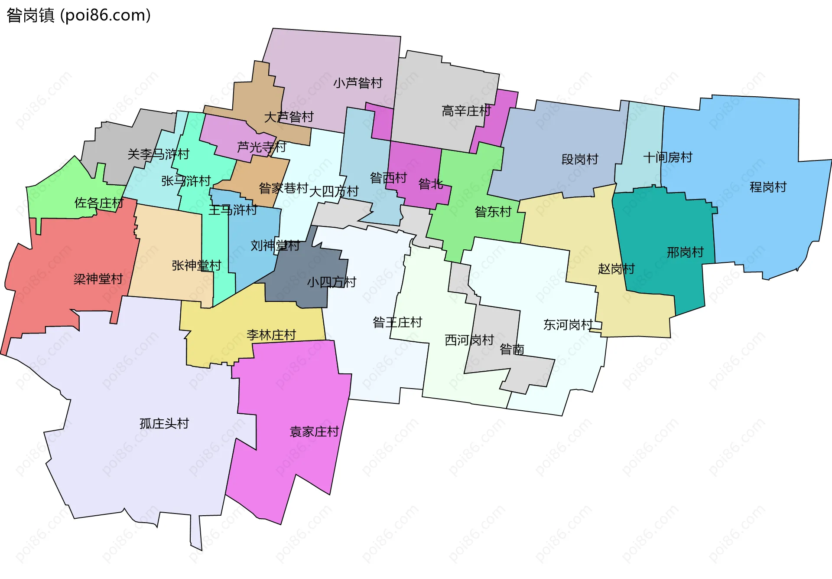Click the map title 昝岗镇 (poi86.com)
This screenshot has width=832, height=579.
click(x=78, y=15)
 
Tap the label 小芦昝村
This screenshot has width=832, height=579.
click(x=357, y=83)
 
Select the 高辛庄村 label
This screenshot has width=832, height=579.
click(x=466, y=111)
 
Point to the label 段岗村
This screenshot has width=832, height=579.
click(x=579, y=159)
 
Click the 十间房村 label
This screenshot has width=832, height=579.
click(x=667, y=157)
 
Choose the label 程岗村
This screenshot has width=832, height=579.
click(x=768, y=187)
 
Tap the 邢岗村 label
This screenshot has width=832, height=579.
click(x=685, y=252)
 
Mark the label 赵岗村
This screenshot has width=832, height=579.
click(x=616, y=269)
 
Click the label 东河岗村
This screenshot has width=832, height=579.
click(x=568, y=324)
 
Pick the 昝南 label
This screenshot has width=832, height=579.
click(x=512, y=349)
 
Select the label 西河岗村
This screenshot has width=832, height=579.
click(x=469, y=340)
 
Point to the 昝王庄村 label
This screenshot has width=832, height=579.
click(x=397, y=322)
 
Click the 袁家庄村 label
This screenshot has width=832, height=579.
click(x=314, y=432)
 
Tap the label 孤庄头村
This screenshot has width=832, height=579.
click(x=164, y=423)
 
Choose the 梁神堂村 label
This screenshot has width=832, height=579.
click(x=98, y=279)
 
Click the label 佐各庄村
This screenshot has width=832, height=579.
click(x=99, y=203)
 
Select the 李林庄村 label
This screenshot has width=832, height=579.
click(x=271, y=335)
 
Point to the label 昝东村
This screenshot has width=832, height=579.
click(x=493, y=212)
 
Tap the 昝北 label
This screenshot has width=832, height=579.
click(x=430, y=184)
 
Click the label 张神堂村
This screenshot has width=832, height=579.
click(x=196, y=265)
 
